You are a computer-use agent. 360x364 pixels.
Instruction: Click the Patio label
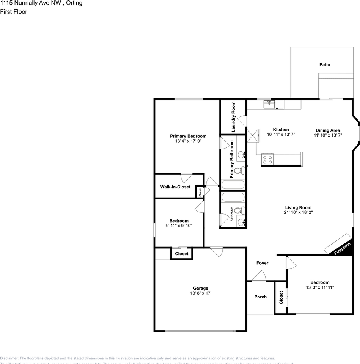[324, 65]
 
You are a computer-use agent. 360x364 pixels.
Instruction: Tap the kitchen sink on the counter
[269, 104]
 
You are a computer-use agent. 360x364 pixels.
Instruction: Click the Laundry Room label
[233, 116]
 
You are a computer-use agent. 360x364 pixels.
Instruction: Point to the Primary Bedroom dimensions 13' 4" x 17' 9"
[188, 141]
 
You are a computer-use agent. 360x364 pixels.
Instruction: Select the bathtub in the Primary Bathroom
[233, 185]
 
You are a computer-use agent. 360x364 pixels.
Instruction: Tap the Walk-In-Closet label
[175, 187]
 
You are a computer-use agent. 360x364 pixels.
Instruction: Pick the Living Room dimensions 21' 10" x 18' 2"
[298, 213]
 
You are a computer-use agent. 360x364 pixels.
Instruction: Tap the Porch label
[260, 297]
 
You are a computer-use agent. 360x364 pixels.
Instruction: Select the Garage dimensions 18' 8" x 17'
[201, 293]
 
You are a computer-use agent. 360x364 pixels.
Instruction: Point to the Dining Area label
[327, 130]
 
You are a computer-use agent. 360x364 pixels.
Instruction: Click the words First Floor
[14, 12]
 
